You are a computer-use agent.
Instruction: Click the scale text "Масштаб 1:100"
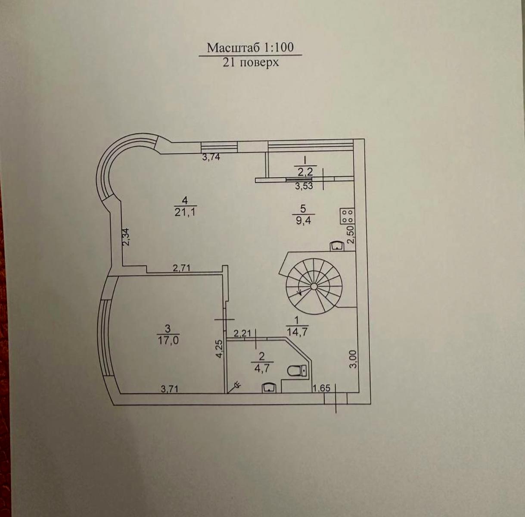pyautogui.click(x=250, y=47)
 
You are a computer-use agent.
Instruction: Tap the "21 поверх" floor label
pyautogui.click(x=251, y=62)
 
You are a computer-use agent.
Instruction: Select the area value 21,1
pyautogui.click(x=185, y=212)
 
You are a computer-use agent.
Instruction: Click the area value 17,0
pyautogui.click(x=168, y=341)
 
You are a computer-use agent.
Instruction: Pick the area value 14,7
pyautogui.click(x=297, y=331)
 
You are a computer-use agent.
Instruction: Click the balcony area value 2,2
pyautogui.click(x=305, y=172)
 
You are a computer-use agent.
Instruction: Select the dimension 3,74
pyautogui.click(x=211, y=157)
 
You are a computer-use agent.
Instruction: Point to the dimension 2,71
pyautogui.click(x=181, y=268)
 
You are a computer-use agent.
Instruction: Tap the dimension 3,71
pyautogui.click(x=169, y=389)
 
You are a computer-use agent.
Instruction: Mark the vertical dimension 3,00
pyautogui.click(x=353, y=359)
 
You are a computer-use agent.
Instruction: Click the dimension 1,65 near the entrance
pyautogui.click(x=321, y=388)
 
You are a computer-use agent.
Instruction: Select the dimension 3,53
pyautogui.click(x=304, y=186)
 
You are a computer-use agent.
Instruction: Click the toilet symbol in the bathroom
pyautogui.click(x=298, y=371)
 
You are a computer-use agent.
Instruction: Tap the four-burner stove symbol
pyautogui.click(x=347, y=216)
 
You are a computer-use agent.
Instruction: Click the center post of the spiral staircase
pyautogui.click(x=314, y=286)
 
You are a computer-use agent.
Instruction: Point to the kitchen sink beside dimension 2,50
pyautogui.click(x=337, y=246)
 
